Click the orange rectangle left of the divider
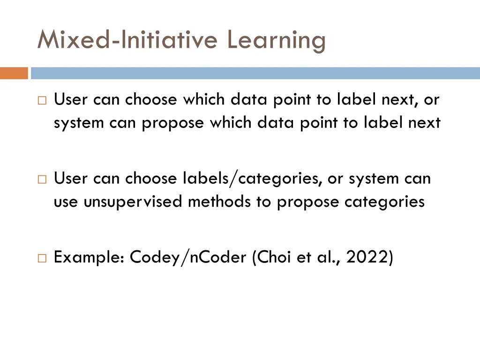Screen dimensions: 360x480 14,74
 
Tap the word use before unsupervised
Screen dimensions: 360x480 66,202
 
